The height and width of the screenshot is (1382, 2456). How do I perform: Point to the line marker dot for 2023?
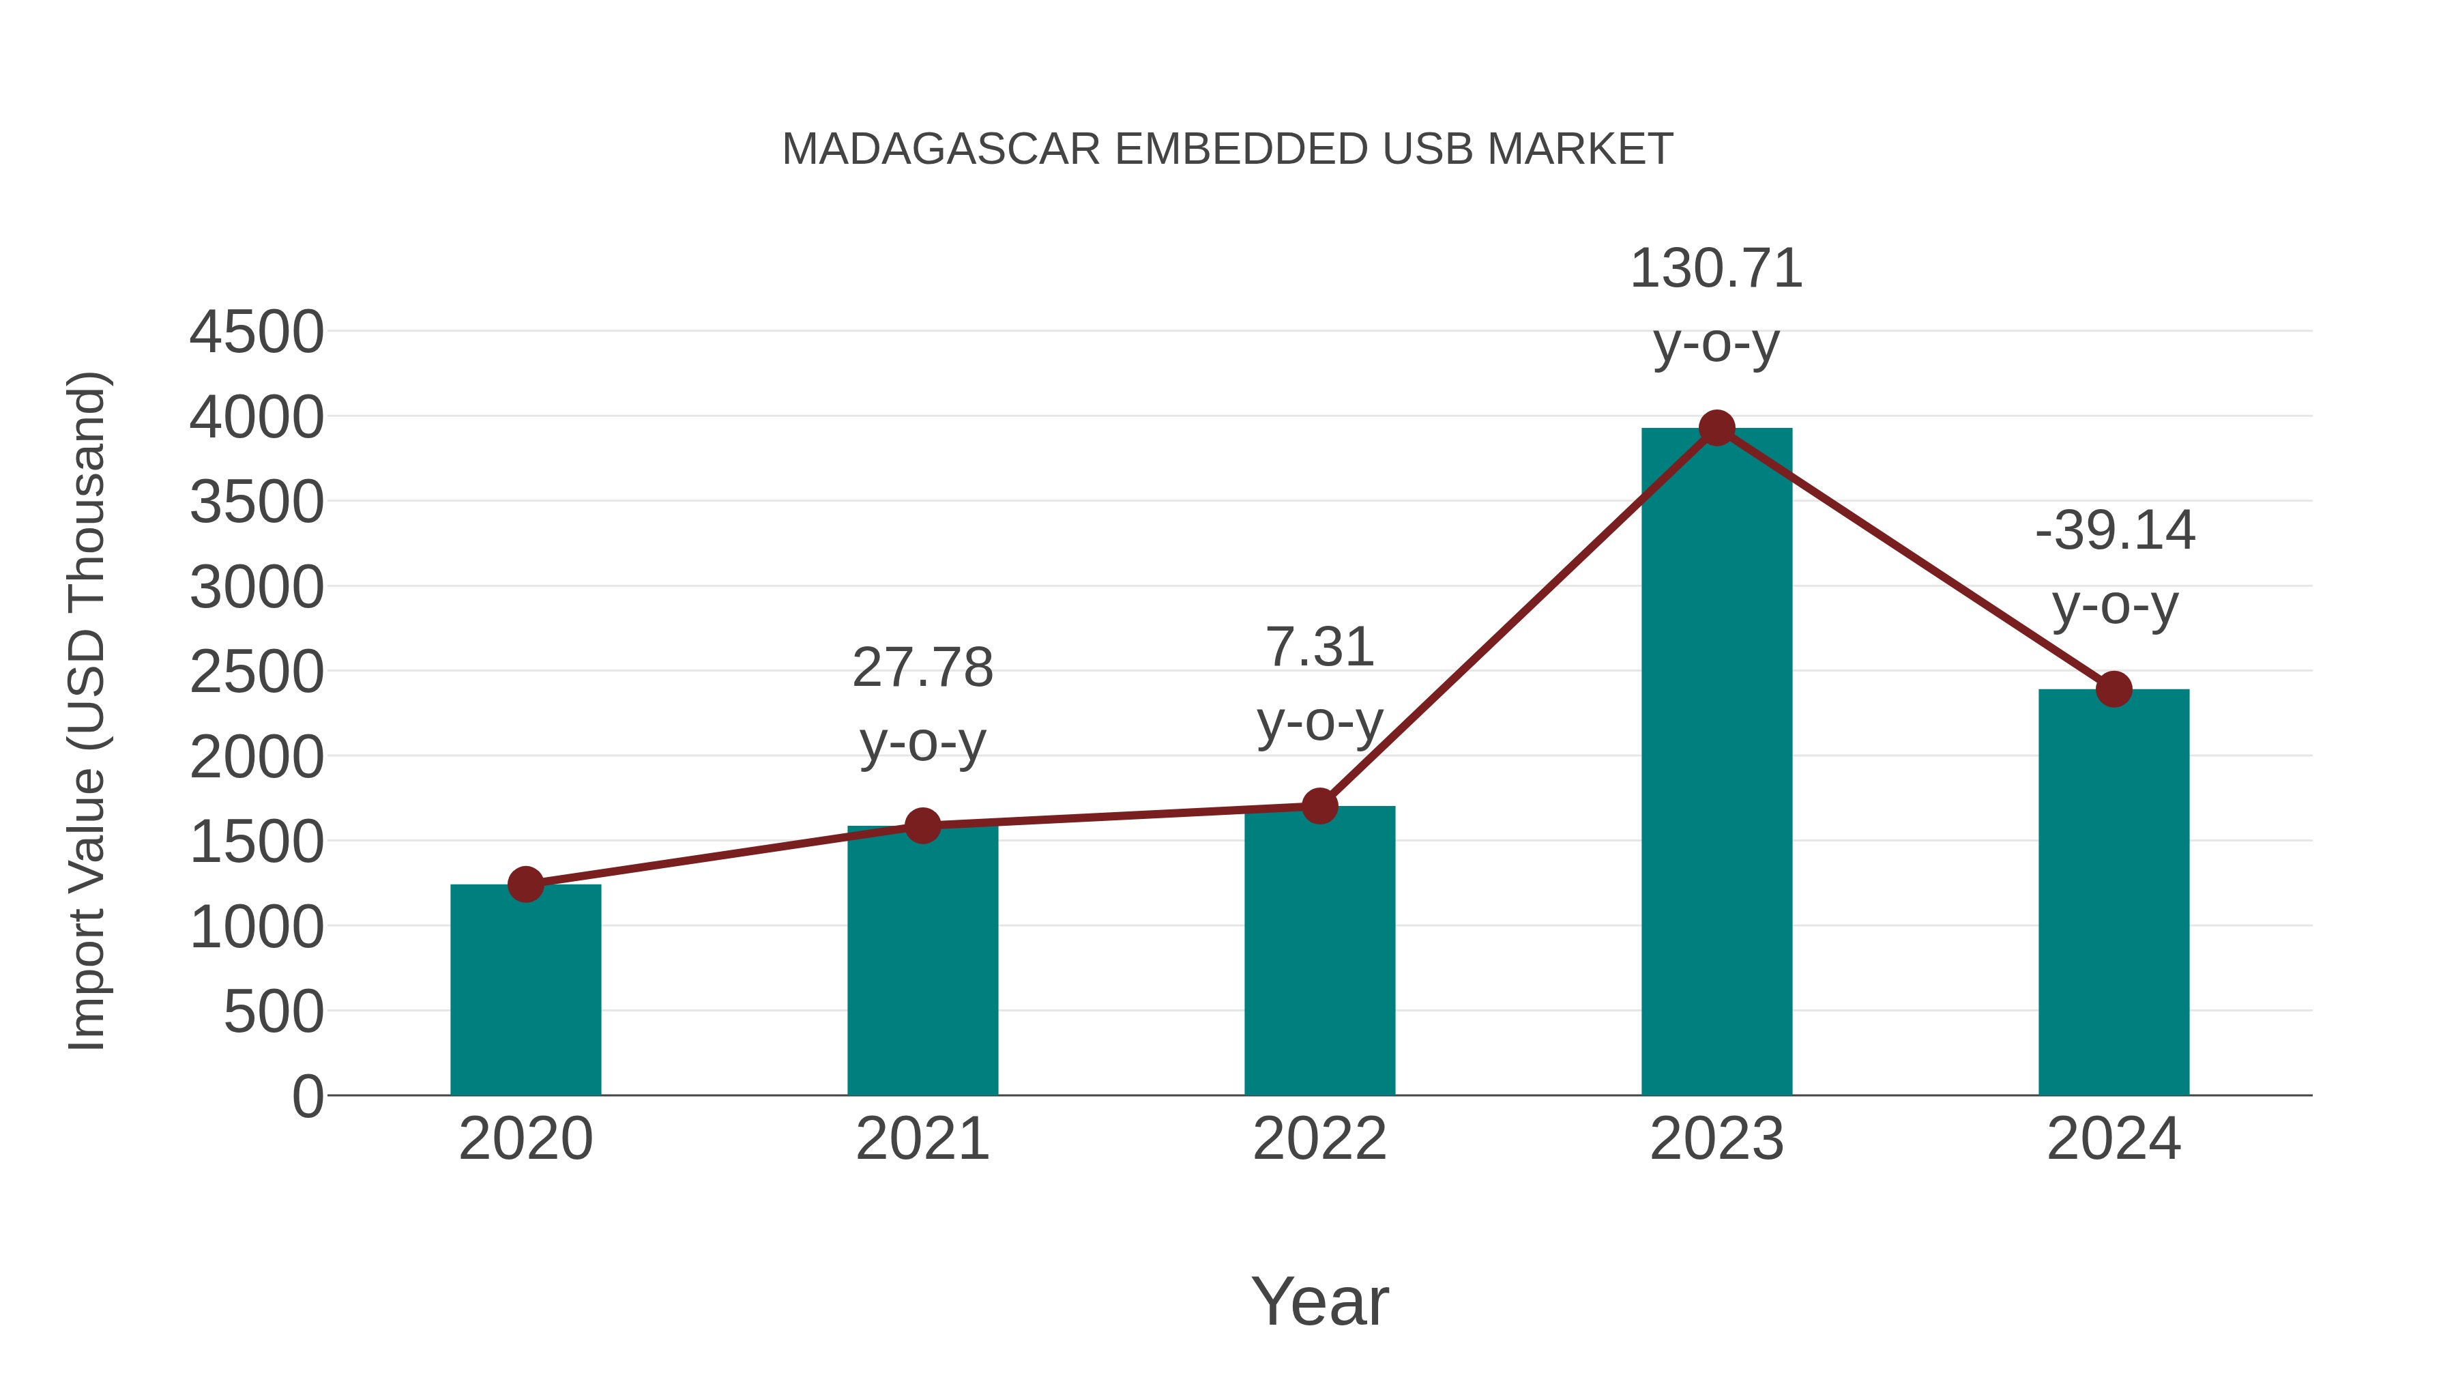[x=1716, y=428]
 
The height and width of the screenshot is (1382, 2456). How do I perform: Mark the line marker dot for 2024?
[x=2114, y=689]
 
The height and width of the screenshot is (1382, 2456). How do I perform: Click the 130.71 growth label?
[x=1716, y=269]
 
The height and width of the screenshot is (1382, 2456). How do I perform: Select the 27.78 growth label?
[x=922, y=667]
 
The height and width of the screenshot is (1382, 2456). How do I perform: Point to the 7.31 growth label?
[x=1319, y=648]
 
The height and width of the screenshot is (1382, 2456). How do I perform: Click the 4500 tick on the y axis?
[x=257, y=333]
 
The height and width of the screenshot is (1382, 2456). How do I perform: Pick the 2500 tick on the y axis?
[x=257, y=672]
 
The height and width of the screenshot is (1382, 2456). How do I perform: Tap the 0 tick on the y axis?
[x=308, y=1096]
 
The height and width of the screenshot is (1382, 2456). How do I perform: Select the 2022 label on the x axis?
[x=1319, y=1139]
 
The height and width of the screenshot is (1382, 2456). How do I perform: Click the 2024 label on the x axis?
[x=2114, y=1139]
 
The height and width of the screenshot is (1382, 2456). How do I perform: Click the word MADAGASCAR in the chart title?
[x=941, y=149]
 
